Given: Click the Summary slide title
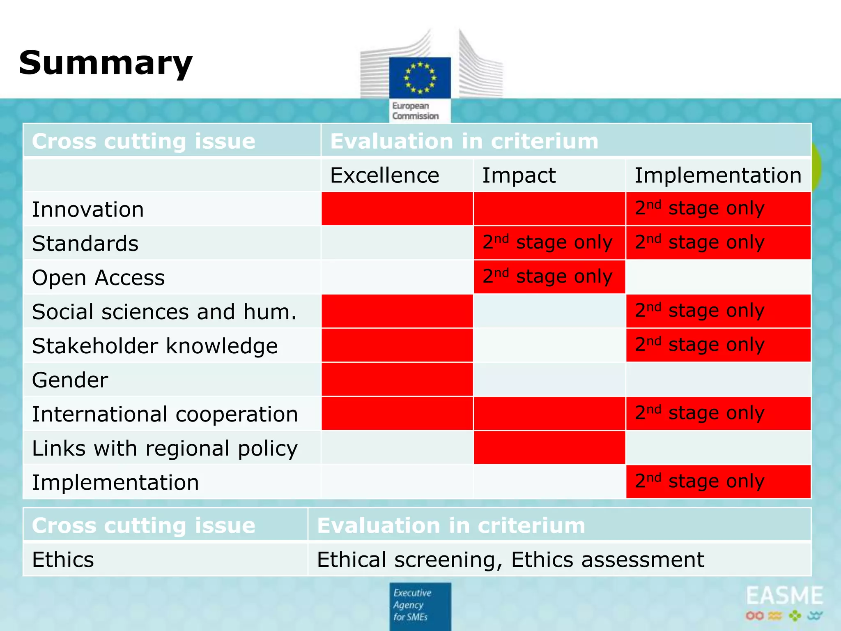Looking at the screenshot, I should (106, 63).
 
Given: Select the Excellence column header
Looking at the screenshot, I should (384, 175).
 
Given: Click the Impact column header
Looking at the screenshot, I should (519, 175).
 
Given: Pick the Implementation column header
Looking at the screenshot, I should (718, 175).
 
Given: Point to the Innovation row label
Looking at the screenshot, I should (88, 210).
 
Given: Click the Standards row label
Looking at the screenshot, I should (85, 244).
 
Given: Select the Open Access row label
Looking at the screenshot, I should (99, 278).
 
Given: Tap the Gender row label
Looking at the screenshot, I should (70, 380).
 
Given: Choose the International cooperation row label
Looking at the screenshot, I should (165, 414).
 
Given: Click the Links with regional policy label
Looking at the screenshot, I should (165, 448).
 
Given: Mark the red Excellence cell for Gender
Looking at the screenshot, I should (397, 380).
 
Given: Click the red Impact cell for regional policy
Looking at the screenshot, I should (549, 448).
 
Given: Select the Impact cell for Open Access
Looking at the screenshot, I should (549, 277).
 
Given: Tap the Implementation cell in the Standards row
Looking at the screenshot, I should (718, 243).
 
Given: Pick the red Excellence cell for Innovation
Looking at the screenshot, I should (397, 209).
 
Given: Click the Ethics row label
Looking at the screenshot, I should (63, 560).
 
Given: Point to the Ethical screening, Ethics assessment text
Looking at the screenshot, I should (510, 560).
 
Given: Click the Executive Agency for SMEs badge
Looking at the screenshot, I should (420, 606).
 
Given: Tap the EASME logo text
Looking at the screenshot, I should (784, 596).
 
